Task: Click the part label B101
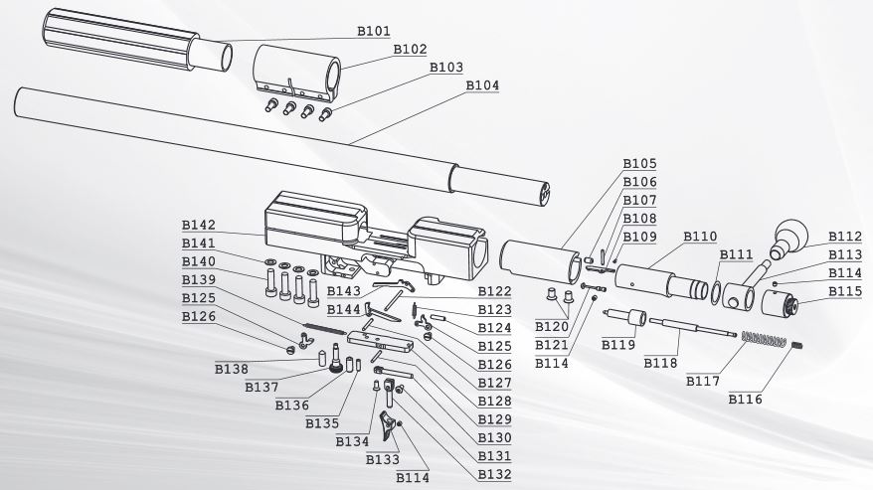point(374,32)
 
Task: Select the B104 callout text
point(482,85)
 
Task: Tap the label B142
point(198,226)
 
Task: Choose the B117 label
point(700,380)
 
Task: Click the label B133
point(383,459)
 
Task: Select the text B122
point(494,291)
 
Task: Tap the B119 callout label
point(617,344)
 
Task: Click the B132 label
point(494,474)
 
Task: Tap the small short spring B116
point(797,345)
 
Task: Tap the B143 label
point(344,291)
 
